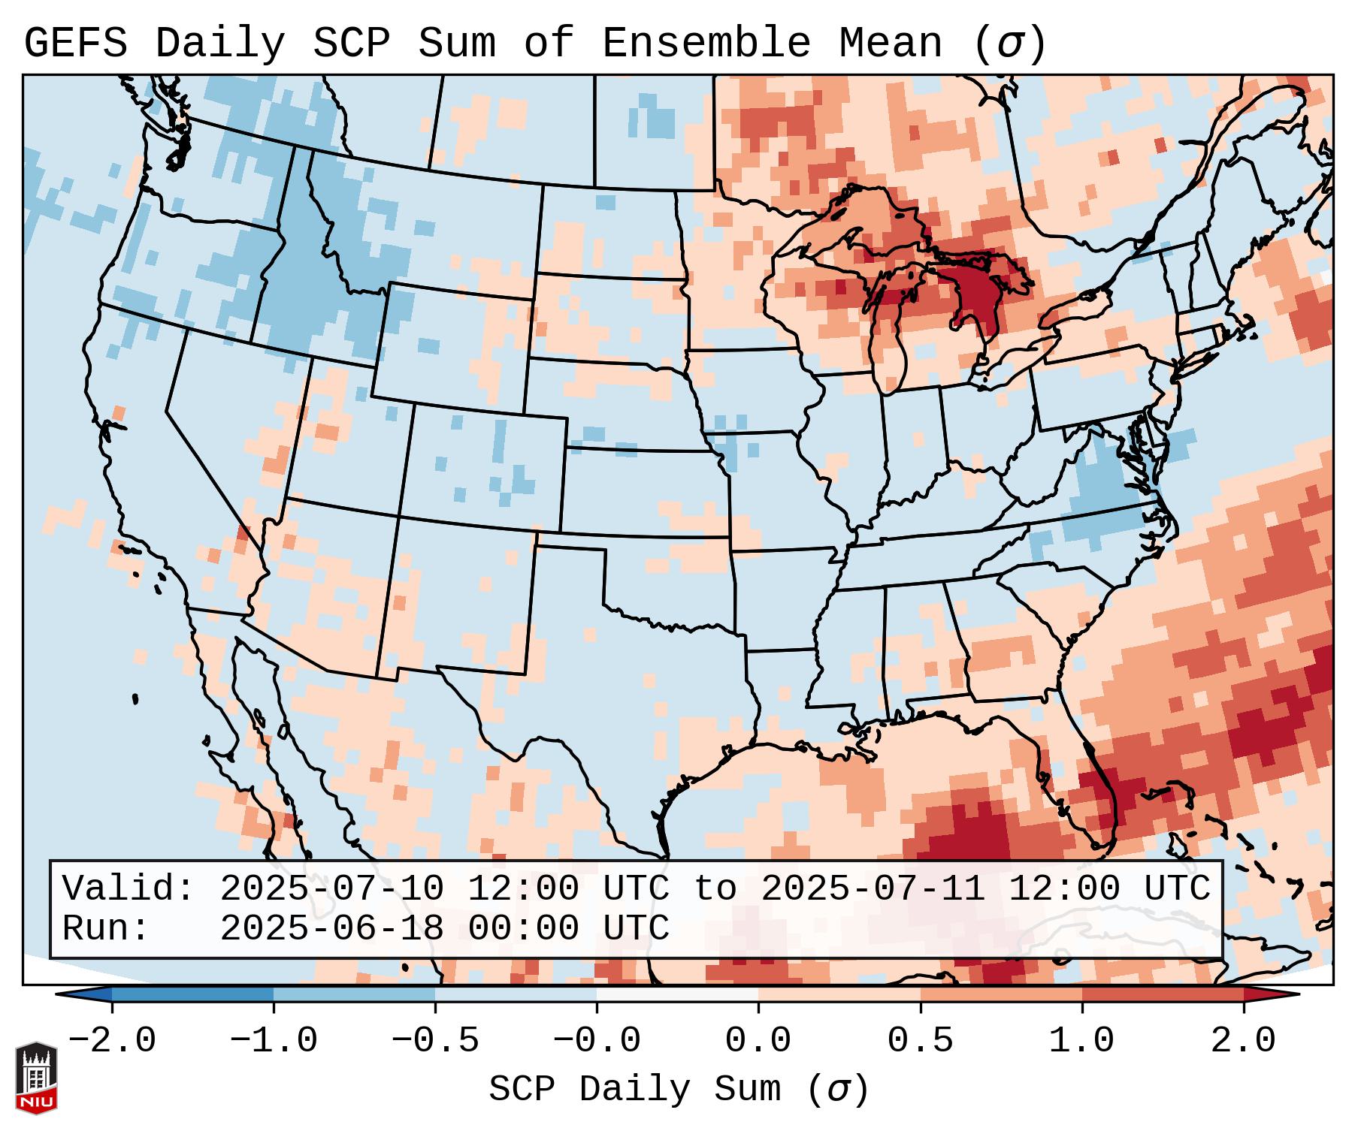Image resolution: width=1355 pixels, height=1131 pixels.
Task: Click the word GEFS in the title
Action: [x=75, y=44]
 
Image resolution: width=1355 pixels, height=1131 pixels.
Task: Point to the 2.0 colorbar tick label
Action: [x=1243, y=1041]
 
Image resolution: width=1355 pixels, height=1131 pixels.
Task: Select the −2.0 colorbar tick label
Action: [x=112, y=1041]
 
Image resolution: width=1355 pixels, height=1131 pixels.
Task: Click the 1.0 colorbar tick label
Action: [x=1081, y=1041]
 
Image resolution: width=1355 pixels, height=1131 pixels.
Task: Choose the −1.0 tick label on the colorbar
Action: [x=274, y=1041]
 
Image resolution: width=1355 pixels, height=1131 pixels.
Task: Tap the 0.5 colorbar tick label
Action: [x=920, y=1041]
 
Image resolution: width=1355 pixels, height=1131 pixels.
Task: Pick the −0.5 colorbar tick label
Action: [x=435, y=1041]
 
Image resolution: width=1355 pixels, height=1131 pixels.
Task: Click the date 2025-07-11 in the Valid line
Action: [x=873, y=889]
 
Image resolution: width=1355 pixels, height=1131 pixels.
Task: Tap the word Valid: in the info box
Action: [x=129, y=889]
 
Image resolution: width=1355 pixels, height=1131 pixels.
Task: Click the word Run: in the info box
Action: [x=106, y=929]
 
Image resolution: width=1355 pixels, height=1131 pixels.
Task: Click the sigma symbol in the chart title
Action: [x=1009, y=44]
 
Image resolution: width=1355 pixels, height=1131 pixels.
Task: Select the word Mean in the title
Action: [x=890, y=44]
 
